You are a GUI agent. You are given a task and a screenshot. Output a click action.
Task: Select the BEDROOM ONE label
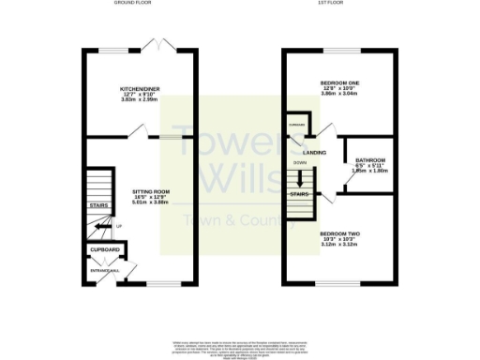339,82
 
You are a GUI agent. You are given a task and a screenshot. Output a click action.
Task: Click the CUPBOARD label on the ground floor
105,250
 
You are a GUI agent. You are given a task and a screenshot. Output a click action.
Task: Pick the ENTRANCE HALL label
105,271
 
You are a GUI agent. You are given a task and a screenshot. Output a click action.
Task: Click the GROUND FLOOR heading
133,4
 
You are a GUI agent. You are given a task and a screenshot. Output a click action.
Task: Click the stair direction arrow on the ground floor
101,225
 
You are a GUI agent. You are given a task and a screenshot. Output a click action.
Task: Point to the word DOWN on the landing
300,162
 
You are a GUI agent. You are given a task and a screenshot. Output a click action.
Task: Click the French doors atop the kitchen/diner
161,44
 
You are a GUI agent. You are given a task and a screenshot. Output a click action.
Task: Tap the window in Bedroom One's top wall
338,49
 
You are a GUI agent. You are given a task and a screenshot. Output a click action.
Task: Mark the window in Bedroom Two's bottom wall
339,283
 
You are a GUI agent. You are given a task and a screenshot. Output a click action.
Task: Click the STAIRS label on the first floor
300,195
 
